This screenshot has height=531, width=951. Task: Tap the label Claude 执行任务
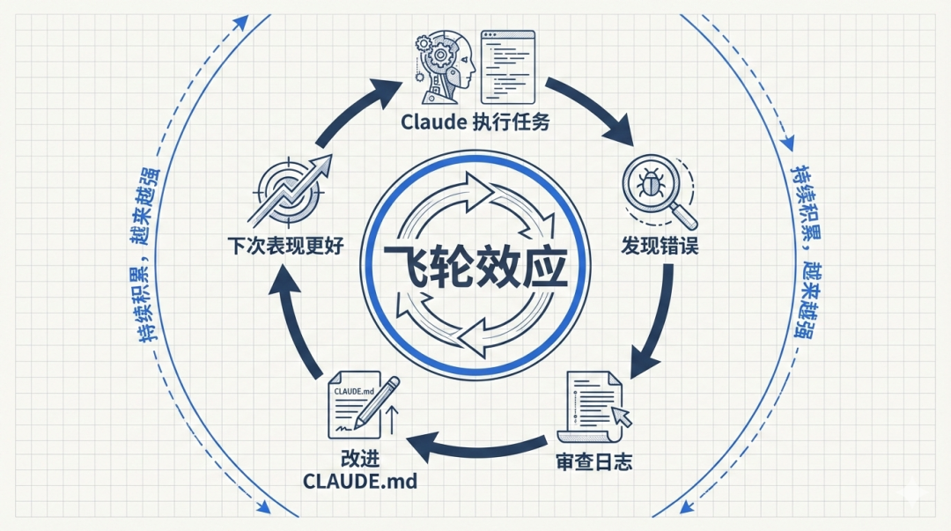click(x=475, y=122)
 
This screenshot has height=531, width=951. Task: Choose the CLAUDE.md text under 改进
click(x=359, y=482)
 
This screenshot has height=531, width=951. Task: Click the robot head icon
click(x=445, y=63)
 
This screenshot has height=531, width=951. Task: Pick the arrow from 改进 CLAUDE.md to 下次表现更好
click(x=295, y=321)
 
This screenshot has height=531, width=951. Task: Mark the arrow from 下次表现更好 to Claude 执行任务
click(x=352, y=110)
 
